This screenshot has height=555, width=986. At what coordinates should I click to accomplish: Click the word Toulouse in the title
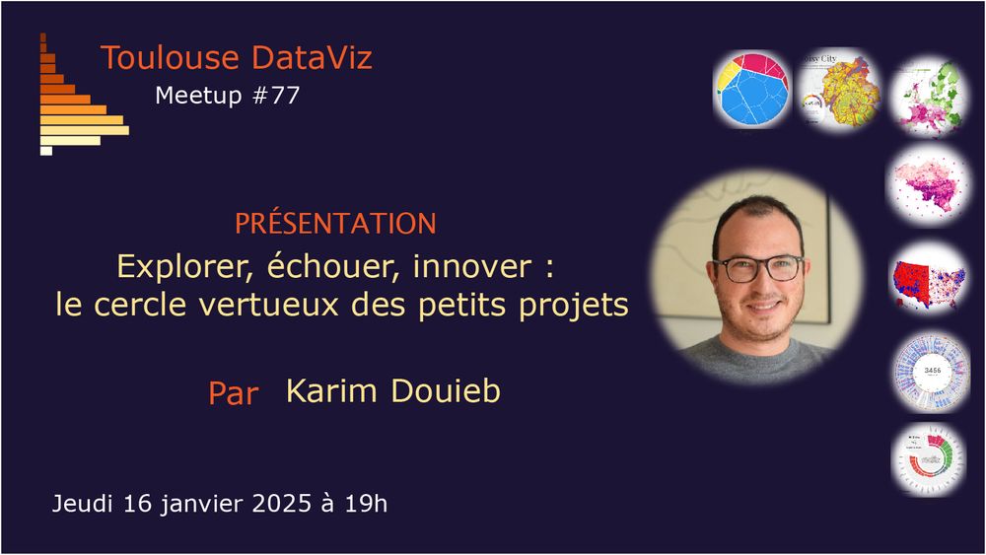pos(170,57)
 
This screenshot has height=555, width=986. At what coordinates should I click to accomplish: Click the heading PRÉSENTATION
pos(335,223)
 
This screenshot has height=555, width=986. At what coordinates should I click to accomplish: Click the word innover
pos(472,266)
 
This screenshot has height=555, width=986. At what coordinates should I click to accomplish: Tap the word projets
pos(574,307)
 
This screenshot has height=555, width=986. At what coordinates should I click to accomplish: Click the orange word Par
pos(234,393)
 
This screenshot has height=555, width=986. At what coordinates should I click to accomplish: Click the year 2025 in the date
pos(282,504)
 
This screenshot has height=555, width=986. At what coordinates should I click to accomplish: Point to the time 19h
pos(366,504)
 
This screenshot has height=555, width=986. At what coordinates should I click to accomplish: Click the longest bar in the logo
pos(84,131)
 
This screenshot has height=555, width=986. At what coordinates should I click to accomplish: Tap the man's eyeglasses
pos(757,268)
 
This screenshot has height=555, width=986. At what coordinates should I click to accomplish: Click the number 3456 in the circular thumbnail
pos(933,371)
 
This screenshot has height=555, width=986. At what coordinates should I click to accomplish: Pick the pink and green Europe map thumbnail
pos(928,97)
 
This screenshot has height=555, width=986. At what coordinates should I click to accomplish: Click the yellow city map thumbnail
pos(839,91)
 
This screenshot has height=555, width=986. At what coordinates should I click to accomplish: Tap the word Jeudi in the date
pos(83,504)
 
